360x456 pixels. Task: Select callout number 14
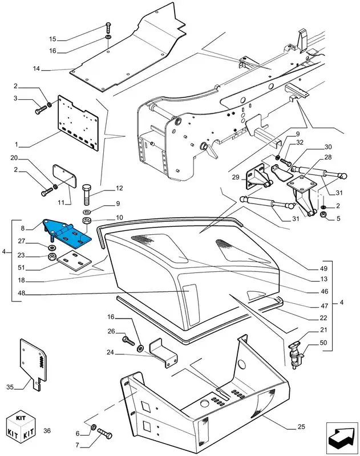point(36,70)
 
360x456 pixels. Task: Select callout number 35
point(10,387)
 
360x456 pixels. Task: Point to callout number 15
point(52,39)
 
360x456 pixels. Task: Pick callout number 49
point(323,267)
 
